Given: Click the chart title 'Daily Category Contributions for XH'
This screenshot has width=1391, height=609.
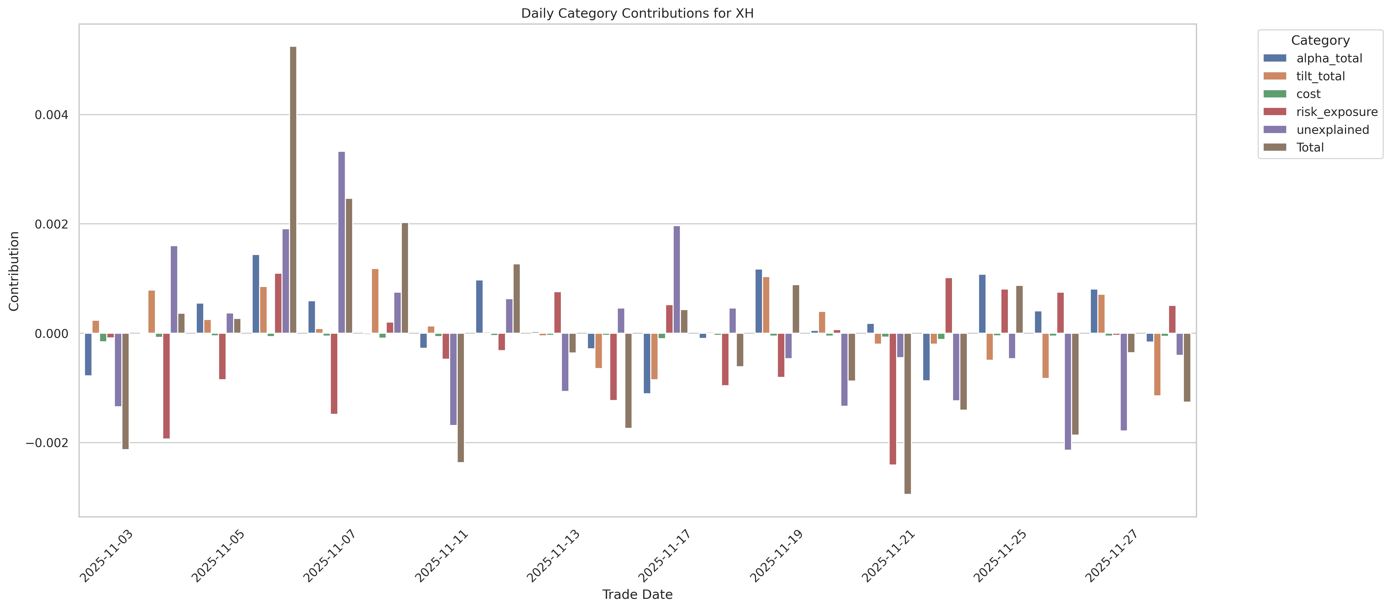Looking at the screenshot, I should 637,14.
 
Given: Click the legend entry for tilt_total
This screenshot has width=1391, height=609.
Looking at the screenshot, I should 1320,76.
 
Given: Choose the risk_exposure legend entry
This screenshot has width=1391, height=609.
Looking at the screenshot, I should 1336,112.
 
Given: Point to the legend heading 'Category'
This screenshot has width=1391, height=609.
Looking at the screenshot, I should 1320,41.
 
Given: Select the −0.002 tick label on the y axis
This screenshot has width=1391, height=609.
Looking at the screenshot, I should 48,443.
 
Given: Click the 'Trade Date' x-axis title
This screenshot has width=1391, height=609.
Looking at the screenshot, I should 637,594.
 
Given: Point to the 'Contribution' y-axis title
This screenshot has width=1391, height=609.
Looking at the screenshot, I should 14,271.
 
